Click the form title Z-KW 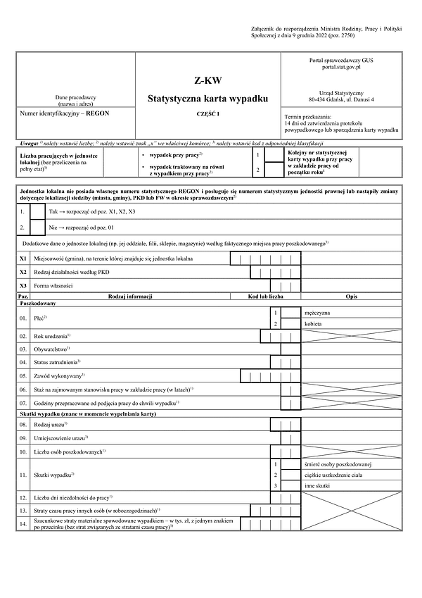(207, 80)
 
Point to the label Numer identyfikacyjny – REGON (65, 113)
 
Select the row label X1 (23, 259)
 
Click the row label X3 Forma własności (53, 286)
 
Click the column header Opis (351, 297)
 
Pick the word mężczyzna (321, 311)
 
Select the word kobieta (314, 323)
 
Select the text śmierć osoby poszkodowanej (338, 464)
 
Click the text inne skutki (318, 486)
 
